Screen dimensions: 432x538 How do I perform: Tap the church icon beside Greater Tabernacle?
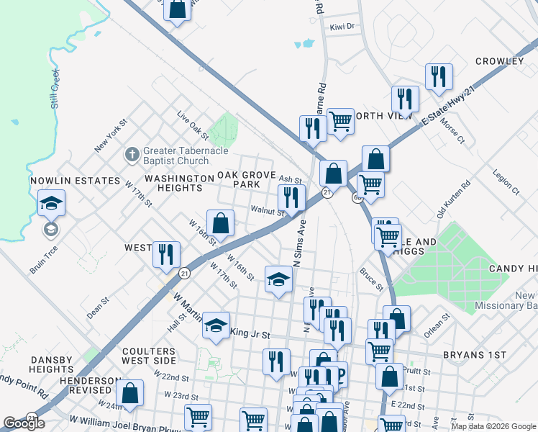132,153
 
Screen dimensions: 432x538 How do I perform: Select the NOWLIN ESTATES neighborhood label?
75,181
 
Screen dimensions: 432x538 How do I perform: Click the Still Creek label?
54,89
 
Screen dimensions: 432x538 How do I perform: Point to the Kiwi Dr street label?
342,27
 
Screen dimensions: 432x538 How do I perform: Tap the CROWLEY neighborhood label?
499,61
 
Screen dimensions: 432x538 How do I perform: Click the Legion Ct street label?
506,182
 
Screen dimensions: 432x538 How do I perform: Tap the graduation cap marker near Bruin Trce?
51,204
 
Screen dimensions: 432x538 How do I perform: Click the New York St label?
110,135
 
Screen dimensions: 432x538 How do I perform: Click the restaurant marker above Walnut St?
291,197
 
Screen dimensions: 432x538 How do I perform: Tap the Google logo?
24,423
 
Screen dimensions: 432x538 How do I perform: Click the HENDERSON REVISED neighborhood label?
90,385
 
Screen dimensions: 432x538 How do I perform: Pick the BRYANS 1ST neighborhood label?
475,356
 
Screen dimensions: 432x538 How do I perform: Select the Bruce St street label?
372,279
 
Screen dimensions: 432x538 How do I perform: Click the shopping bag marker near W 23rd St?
129,393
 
